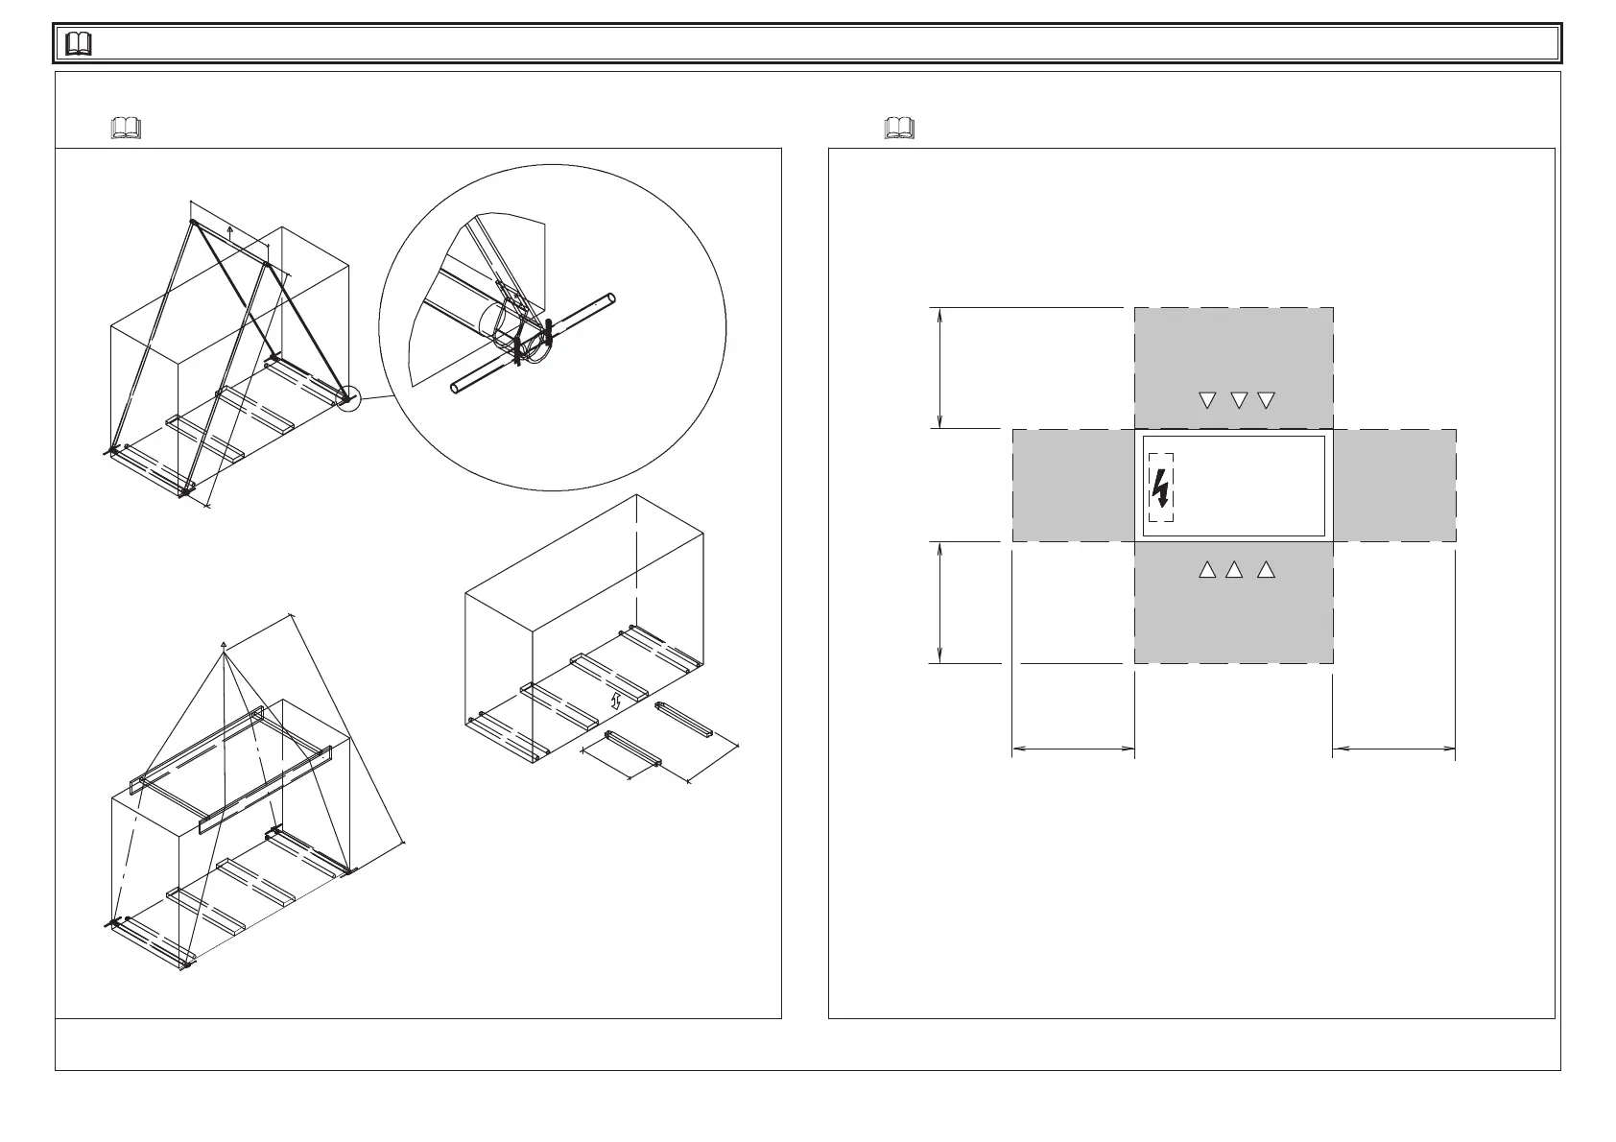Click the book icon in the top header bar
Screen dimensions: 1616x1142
coord(80,44)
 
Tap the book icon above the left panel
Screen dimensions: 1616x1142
coord(126,128)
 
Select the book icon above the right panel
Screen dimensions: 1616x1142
coord(899,128)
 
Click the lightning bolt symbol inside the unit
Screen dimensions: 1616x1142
coord(1161,488)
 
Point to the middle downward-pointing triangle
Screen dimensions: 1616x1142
coord(1238,400)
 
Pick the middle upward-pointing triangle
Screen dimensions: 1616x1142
coord(1235,570)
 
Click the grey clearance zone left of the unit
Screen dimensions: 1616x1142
coord(1073,486)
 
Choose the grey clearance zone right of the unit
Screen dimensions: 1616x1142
coord(1394,486)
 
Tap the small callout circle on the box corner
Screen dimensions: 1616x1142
coord(347,398)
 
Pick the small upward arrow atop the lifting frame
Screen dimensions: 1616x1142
coord(230,229)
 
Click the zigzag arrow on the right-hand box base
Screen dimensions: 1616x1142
coord(616,701)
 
